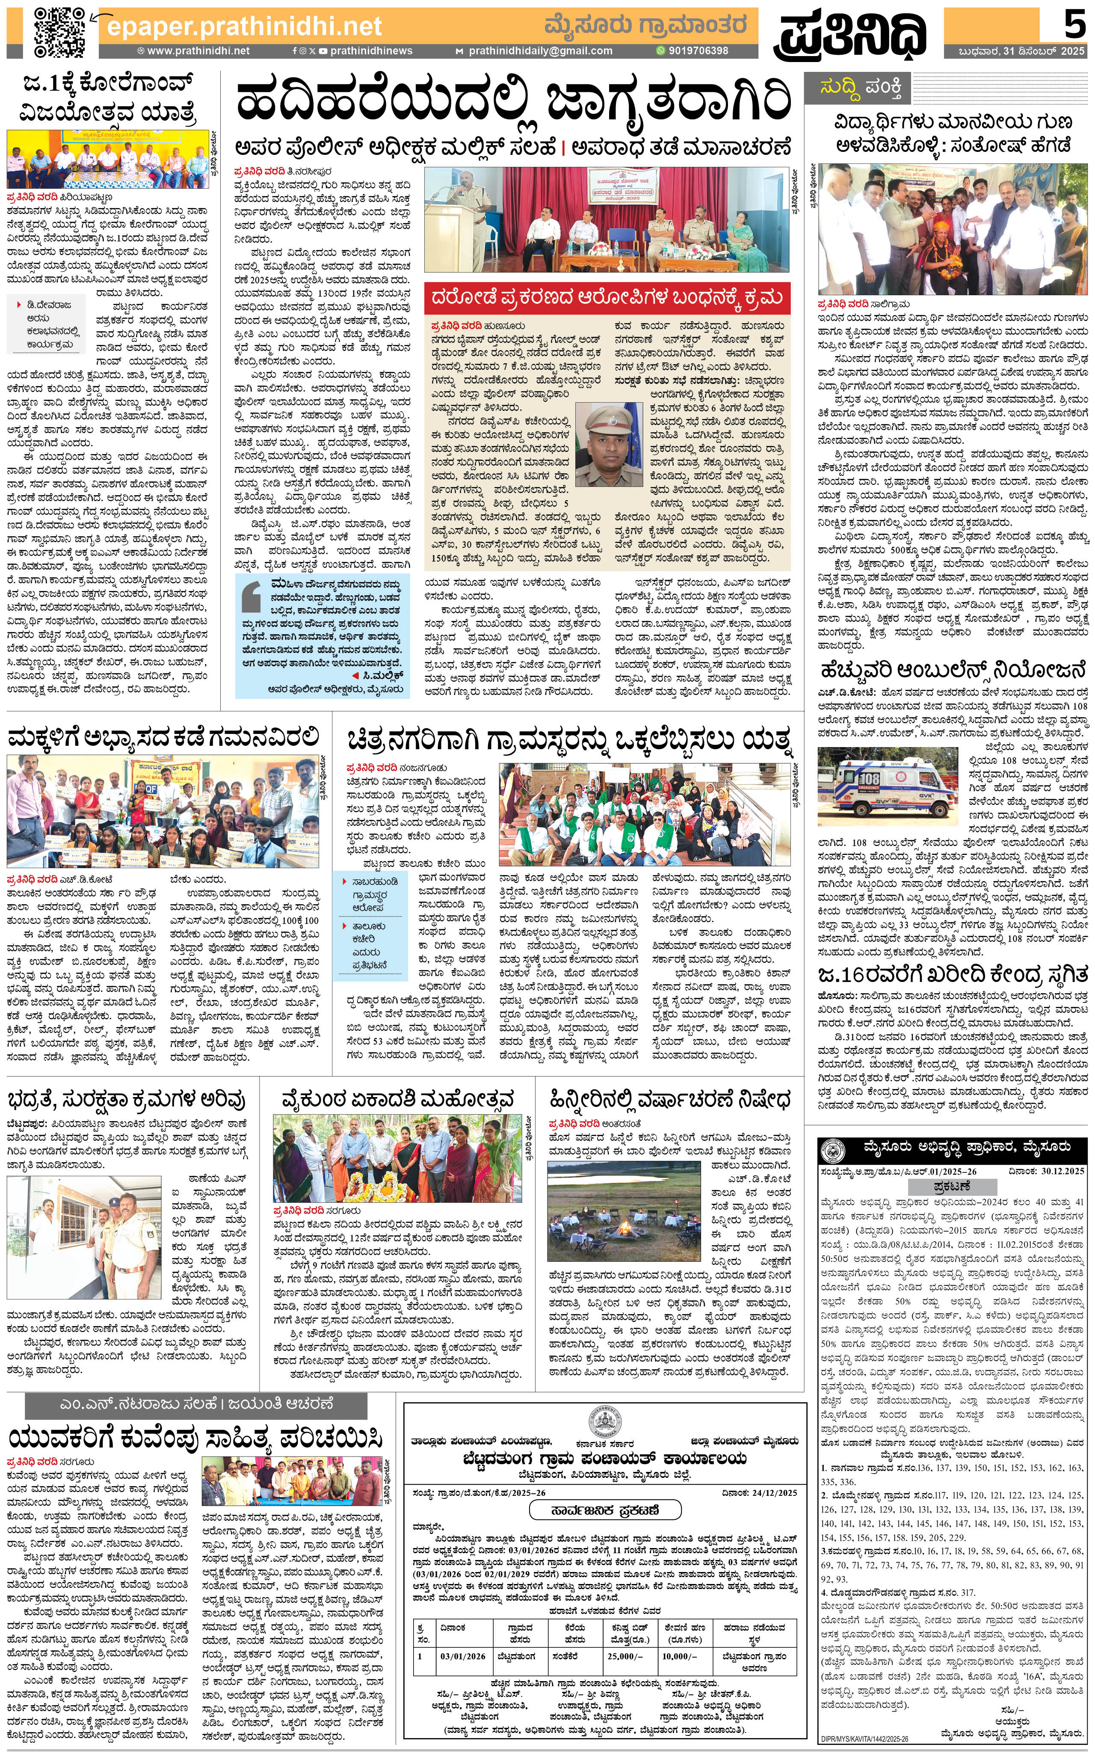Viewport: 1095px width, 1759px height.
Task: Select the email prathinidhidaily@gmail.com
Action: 539,51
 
